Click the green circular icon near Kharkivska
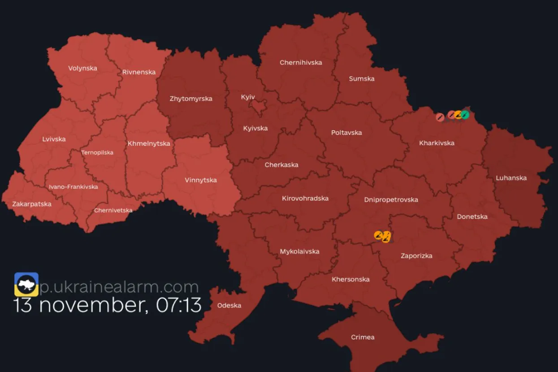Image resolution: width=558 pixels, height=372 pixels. [465, 115]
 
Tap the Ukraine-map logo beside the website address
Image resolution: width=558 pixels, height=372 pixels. [26, 284]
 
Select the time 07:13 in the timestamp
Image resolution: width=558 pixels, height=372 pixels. [179, 305]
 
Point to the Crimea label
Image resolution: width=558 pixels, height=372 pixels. [363, 337]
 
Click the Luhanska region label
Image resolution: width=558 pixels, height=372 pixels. [511, 178]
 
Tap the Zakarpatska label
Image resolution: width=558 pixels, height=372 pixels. [32, 204]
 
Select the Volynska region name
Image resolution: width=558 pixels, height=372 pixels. [82, 68]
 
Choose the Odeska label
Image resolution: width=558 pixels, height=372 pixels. [229, 305]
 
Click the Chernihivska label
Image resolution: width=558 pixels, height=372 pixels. [301, 62]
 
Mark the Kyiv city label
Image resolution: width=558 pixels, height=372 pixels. [248, 97]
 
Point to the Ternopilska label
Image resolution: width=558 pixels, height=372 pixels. [97, 152]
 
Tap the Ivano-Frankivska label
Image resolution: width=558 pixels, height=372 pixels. [74, 186]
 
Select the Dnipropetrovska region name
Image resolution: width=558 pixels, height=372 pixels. [391, 199]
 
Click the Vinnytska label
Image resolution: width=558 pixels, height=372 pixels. [201, 180]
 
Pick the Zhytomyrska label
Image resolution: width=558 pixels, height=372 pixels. [191, 99]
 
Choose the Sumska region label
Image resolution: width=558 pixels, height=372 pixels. [362, 78]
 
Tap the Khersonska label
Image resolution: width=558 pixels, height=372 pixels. [350, 279]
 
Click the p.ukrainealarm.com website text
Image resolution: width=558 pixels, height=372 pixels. [119, 287]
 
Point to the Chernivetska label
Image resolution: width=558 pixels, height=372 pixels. [113, 210]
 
